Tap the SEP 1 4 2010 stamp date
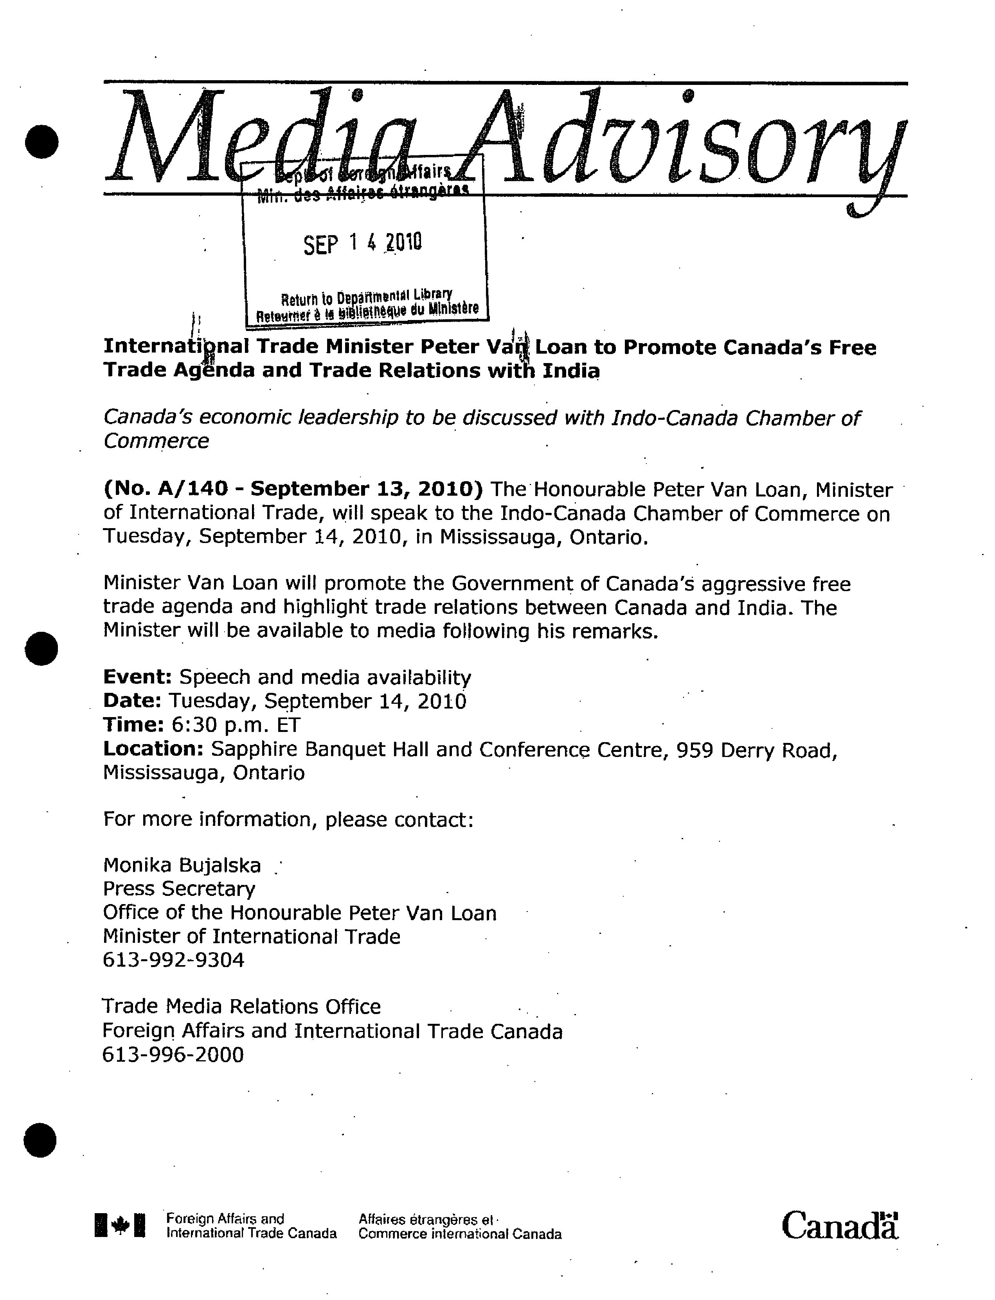pyautogui.click(x=362, y=243)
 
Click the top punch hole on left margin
pyautogui.click(x=41, y=142)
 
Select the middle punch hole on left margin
pyautogui.click(x=41, y=649)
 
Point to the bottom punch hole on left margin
pyautogui.click(x=40, y=1140)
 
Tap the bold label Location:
pyautogui.click(x=153, y=749)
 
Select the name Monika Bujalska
pyautogui.click(x=182, y=865)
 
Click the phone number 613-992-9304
pyautogui.click(x=174, y=960)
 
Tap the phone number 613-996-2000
pyautogui.click(x=173, y=1055)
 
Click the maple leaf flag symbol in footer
pyautogui.click(x=120, y=1225)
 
